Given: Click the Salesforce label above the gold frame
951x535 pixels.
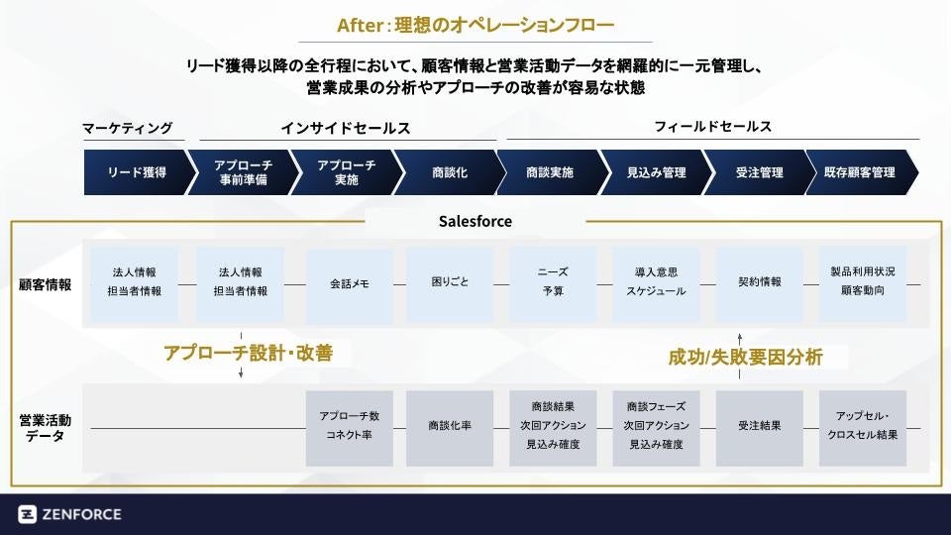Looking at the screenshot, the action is point(475,221).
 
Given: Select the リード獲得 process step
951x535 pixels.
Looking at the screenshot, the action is point(137,172).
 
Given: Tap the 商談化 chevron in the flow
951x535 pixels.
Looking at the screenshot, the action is point(449,172).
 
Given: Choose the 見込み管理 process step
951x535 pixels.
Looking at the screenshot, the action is point(656,172).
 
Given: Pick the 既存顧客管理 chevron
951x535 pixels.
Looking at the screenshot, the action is point(860,172).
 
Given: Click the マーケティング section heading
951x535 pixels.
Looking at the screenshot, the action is point(127,128).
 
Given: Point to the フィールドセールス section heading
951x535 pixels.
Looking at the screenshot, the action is point(712,127).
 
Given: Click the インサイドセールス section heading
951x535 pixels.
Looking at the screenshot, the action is point(345,128).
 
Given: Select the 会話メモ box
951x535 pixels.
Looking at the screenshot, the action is point(349,283).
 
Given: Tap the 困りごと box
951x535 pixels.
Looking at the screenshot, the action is point(451,282).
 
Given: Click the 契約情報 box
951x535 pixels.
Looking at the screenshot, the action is point(760,282).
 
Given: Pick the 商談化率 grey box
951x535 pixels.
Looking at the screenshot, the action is point(450,426).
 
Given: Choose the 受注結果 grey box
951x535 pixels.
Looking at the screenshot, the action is point(760,426).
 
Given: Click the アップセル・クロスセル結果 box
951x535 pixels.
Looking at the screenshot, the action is point(863,426).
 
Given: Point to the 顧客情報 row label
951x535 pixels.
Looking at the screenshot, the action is point(45,284).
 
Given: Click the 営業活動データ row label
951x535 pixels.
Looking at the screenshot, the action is point(45,427).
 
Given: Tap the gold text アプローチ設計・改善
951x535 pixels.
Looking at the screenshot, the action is point(248,354).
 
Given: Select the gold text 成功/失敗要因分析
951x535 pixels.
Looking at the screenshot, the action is point(745,358).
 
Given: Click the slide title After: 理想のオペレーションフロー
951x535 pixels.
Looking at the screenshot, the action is point(475,25).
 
